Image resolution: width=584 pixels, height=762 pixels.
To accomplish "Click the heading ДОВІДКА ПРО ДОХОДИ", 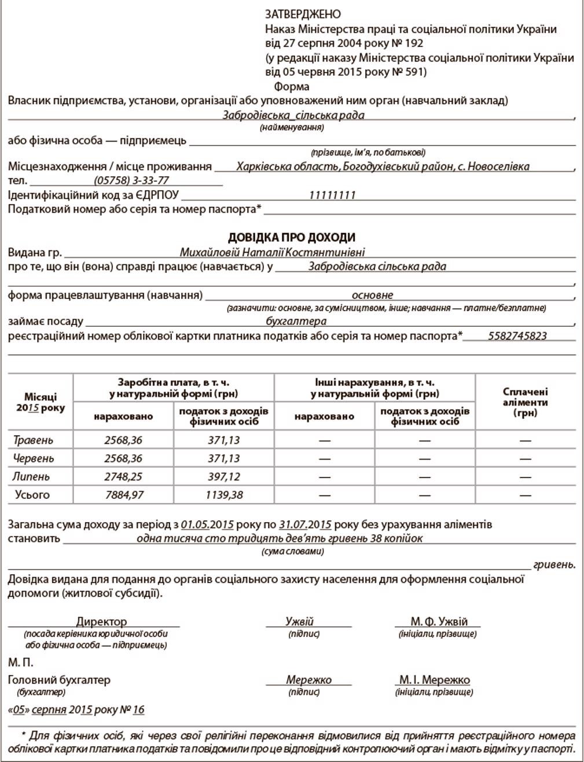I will (x=292, y=238).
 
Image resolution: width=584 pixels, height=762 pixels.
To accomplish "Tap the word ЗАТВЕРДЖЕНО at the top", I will (x=303, y=14).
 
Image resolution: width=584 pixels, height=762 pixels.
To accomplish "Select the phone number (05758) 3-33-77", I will (x=131, y=181).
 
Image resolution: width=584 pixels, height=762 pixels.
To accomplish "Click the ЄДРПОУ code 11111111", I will (x=332, y=195).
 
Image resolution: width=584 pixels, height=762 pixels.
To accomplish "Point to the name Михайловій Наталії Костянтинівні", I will (x=272, y=253).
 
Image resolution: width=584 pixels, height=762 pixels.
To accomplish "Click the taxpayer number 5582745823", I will (x=517, y=336).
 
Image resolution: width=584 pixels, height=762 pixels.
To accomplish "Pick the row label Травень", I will (x=33, y=440).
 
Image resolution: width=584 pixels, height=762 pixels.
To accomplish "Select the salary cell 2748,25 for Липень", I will (x=123, y=477).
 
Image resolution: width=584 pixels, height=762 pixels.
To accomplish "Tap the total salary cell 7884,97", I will (x=123, y=495).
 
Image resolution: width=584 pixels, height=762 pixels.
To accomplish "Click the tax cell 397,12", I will (x=224, y=477).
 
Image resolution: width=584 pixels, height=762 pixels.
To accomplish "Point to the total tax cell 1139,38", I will (x=224, y=495).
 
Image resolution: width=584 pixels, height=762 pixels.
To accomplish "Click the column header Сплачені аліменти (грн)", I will (x=525, y=402).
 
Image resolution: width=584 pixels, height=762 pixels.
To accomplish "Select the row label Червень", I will (x=34, y=458).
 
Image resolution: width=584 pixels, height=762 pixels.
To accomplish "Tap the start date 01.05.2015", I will (x=207, y=524).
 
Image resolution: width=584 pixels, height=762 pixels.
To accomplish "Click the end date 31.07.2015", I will (x=305, y=524).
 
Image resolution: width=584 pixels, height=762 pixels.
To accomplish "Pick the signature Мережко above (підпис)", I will (x=308, y=680).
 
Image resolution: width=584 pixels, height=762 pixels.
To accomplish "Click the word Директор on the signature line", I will (x=101, y=622).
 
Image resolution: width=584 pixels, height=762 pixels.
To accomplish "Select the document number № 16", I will (x=131, y=710).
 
